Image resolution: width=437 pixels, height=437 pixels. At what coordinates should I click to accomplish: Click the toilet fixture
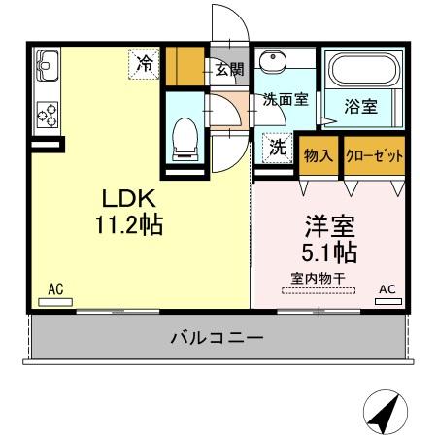183,138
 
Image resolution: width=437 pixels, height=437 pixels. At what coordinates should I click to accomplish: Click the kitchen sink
46,66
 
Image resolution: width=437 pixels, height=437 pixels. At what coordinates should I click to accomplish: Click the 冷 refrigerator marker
144,65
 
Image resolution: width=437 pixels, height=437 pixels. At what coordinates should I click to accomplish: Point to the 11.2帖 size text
128,225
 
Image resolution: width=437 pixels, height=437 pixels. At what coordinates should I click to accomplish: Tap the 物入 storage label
320,155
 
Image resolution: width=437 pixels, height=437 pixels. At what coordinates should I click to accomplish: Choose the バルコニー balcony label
216,338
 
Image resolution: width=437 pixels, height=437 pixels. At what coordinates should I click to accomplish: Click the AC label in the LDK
55,288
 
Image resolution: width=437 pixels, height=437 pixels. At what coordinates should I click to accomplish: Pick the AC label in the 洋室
387,288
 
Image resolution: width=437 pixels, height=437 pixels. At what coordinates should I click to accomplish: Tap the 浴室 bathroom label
361,107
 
